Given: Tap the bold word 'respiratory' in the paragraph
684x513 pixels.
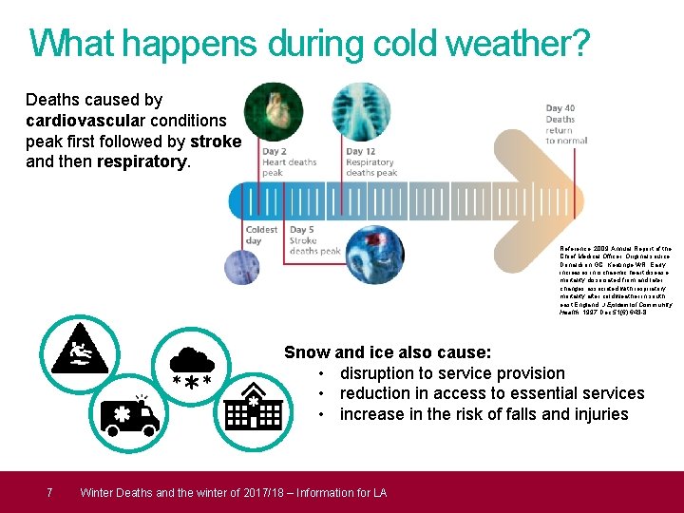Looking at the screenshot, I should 142,161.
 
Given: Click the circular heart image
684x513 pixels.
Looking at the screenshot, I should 274,113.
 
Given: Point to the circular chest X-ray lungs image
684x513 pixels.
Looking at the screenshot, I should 359,113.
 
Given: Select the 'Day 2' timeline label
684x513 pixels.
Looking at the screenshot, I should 275,151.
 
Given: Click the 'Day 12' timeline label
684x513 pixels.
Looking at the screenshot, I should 361,151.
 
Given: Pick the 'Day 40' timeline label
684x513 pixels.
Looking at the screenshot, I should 560,109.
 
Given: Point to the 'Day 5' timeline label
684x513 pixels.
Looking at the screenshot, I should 302,230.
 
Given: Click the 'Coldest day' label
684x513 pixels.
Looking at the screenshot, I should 261,236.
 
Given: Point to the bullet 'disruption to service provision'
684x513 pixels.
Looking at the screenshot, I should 452,373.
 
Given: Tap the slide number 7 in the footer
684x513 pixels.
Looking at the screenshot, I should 49,492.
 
